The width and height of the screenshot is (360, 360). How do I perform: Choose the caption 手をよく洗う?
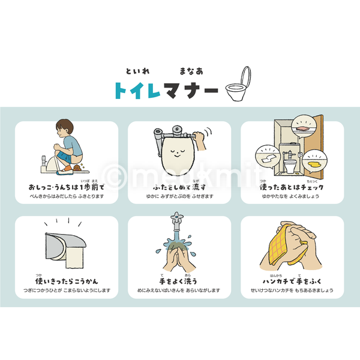(179, 281)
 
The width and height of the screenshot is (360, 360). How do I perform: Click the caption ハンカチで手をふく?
(292, 281)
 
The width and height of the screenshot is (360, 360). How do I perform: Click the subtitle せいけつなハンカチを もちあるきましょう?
(292, 290)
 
